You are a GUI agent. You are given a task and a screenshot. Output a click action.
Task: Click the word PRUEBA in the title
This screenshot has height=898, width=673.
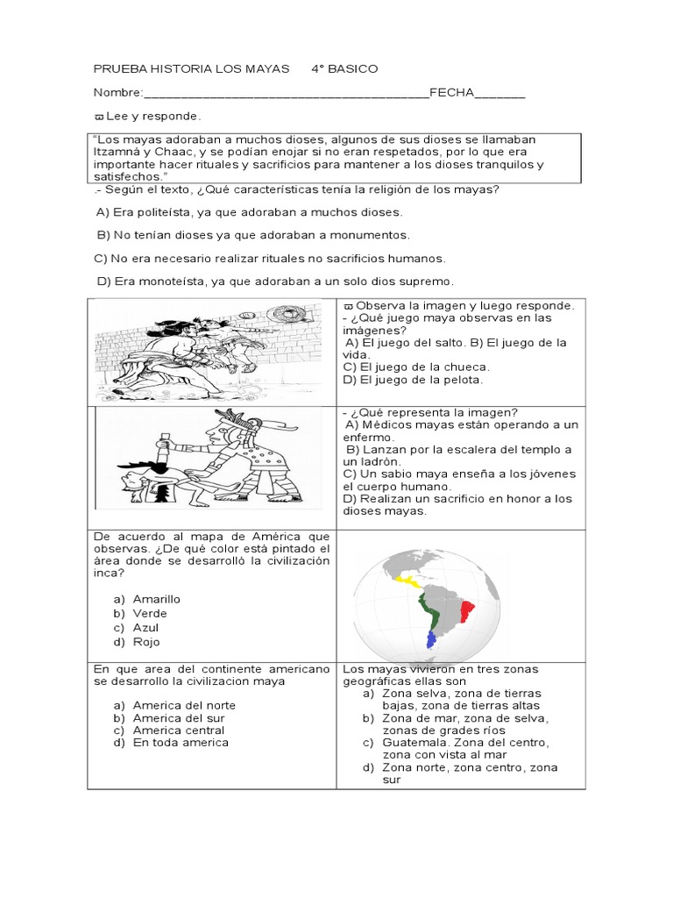[117, 69]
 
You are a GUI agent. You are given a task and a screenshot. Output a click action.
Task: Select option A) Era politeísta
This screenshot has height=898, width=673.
[249, 212]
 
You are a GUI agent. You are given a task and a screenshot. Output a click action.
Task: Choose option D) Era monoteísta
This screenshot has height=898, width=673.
[275, 281]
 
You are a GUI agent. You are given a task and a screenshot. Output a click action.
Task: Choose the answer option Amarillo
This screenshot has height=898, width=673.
[156, 599]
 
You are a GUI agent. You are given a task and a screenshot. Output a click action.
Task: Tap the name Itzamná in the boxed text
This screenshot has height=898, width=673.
[119, 152]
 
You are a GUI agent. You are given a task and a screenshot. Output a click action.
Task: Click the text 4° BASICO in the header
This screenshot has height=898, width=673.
[344, 69]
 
